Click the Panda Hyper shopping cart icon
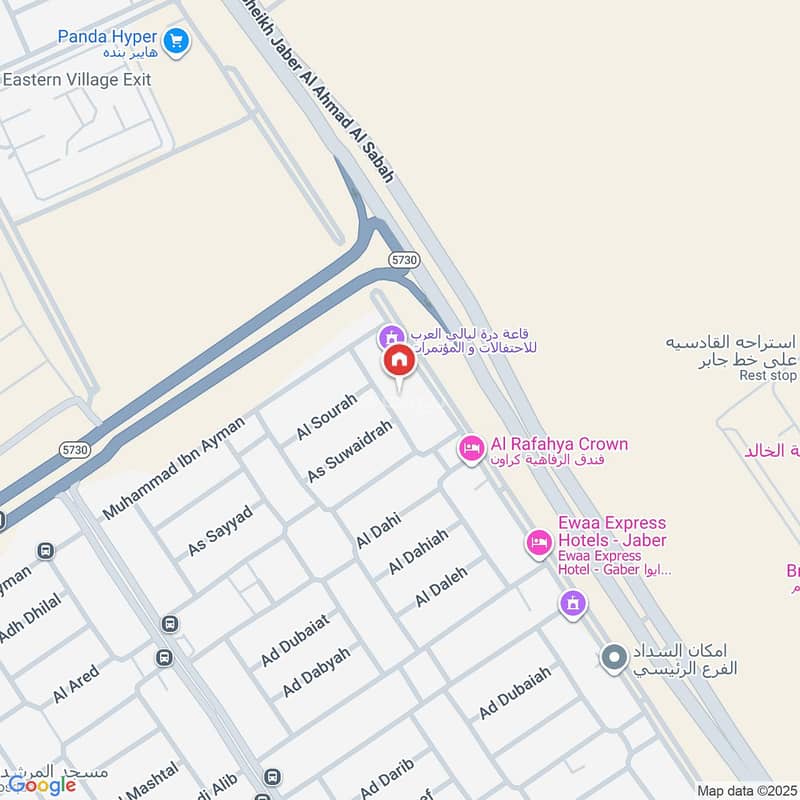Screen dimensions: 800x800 [x=176, y=40]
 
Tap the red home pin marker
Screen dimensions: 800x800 [x=398, y=361]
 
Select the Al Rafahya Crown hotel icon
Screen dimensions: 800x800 [x=471, y=449]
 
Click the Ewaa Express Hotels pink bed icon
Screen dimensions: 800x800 [x=539, y=543]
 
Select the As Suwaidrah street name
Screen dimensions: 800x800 [x=348, y=452]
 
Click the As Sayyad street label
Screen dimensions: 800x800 [x=220, y=531]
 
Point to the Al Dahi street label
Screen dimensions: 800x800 [x=378, y=529]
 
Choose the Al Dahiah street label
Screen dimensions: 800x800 [x=418, y=551]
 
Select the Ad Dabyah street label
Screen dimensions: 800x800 [x=316, y=672]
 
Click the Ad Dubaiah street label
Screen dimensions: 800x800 [x=515, y=692]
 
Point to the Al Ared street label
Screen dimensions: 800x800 [x=76, y=683]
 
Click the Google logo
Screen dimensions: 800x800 [x=42, y=785]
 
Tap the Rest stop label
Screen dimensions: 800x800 [x=768, y=376]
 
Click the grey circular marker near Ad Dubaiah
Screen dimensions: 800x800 [x=614, y=657]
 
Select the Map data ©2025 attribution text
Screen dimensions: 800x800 [x=746, y=790]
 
